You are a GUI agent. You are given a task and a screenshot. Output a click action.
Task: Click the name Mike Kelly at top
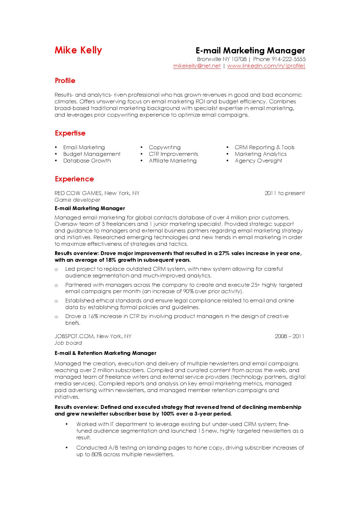click(78, 50)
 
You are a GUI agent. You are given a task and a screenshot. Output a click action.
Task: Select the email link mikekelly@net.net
click(197, 66)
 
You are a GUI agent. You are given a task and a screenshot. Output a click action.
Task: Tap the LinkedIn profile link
click(266, 66)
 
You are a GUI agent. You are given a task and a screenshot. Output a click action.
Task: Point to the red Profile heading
click(65, 81)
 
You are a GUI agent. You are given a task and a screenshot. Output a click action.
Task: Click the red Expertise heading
click(70, 133)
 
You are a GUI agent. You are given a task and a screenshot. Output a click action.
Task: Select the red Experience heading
click(74, 179)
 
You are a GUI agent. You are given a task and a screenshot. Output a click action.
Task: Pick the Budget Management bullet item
click(92, 154)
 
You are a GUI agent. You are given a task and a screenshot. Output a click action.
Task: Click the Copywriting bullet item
click(165, 147)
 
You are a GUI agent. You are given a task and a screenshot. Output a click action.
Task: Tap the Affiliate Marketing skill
click(173, 161)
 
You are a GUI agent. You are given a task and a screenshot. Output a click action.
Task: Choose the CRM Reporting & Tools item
click(264, 147)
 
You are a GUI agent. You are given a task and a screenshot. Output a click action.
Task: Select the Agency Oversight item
click(258, 161)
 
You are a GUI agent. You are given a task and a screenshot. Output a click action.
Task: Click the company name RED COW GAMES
click(78, 193)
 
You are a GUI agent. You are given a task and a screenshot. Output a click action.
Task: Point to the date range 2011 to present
click(285, 193)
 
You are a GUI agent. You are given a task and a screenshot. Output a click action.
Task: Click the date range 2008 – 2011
click(289, 336)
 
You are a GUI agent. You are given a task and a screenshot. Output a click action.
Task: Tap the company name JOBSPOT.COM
click(74, 336)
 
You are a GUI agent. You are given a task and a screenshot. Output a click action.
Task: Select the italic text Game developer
click(77, 200)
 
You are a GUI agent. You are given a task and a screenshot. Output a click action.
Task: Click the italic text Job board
click(68, 343)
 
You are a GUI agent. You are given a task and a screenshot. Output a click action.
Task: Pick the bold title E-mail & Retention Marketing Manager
click(105, 353)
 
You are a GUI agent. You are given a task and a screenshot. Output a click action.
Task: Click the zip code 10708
click(239, 59)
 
